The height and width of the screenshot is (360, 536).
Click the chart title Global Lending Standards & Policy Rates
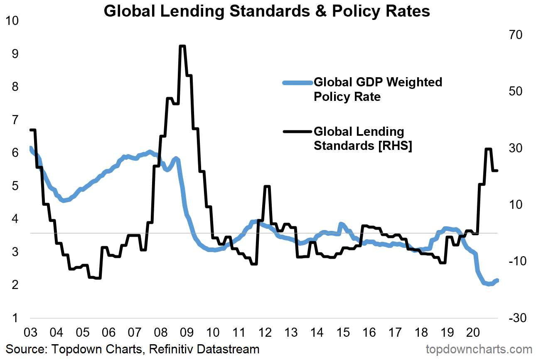[x=267, y=11]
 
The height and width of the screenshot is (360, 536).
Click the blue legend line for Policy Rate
[x=297, y=83]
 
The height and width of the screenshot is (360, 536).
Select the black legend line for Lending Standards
[x=297, y=132]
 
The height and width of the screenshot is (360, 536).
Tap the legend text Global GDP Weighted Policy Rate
[x=377, y=89]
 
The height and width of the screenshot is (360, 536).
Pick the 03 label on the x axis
[x=30, y=333]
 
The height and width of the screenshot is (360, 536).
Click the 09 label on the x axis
[x=187, y=333]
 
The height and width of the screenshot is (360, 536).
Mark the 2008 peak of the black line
[x=182, y=46]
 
